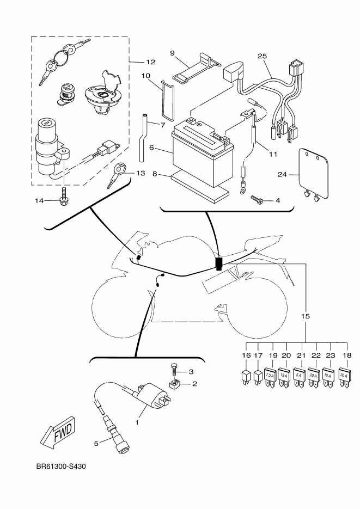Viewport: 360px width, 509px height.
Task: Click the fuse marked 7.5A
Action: [270, 377]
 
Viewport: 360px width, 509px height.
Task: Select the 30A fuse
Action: [344, 377]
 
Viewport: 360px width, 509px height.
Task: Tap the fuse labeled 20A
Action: [314, 377]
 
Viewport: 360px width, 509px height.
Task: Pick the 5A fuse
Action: [299, 377]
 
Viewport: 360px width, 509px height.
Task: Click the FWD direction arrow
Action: [58, 432]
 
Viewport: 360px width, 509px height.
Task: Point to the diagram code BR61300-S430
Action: [61, 467]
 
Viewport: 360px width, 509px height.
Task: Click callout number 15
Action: [306, 316]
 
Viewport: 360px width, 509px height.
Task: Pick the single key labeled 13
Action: [117, 175]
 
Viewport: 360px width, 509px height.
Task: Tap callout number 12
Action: [151, 62]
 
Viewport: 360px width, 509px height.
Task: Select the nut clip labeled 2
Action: [175, 385]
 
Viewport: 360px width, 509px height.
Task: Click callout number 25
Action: [262, 56]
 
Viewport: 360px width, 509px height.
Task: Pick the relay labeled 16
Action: [246, 377]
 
